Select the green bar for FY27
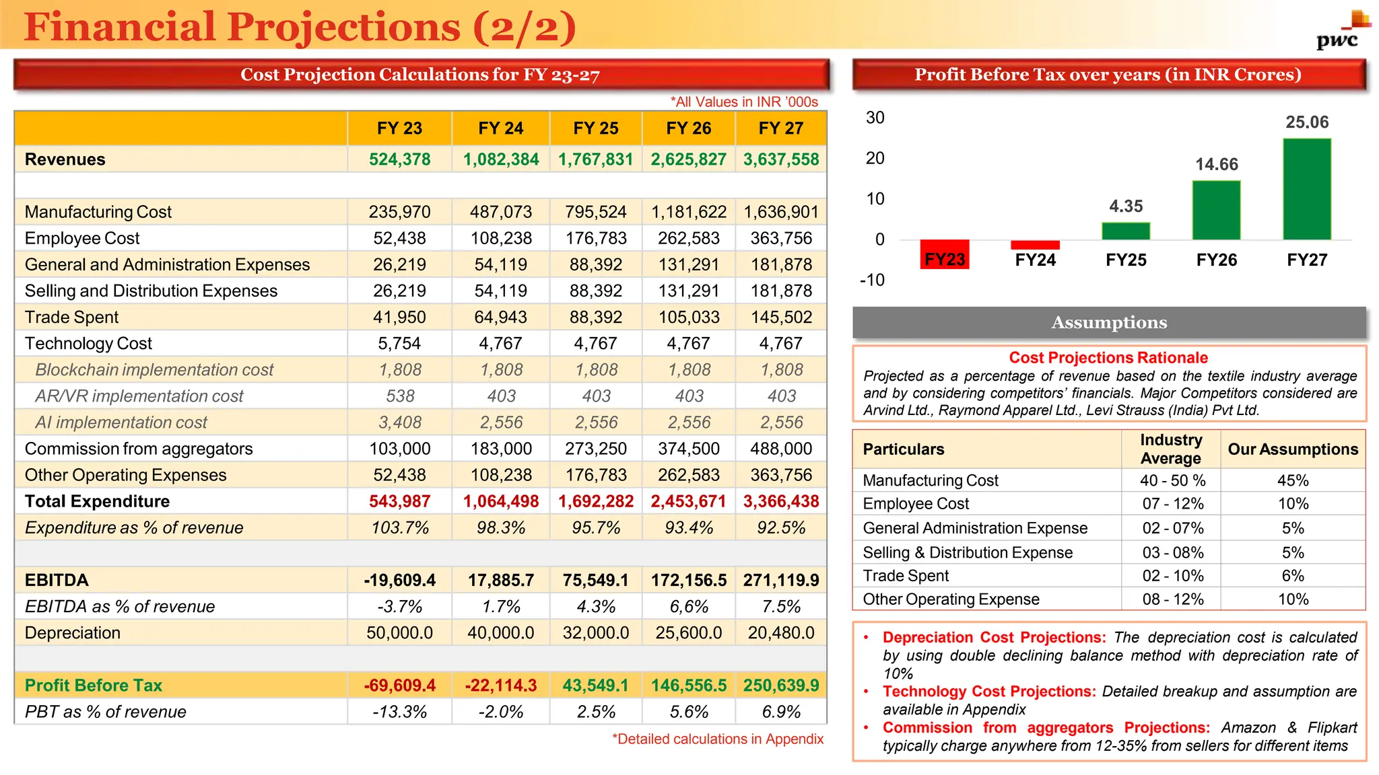tap(1306, 189)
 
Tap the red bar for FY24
tap(1035, 245)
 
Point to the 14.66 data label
tap(1216, 164)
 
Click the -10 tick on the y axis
tap(872, 280)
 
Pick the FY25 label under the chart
tap(1126, 260)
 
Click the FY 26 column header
tap(688, 128)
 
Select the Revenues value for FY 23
tap(399, 159)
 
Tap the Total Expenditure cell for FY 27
tap(780, 501)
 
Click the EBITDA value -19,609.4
tap(399, 580)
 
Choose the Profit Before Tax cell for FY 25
tap(595, 686)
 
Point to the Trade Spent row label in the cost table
tap(71, 317)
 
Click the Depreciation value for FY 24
tap(500, 633)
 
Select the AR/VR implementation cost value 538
tap(400, 396)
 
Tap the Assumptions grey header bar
tap(1109, 323)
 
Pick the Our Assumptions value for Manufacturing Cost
tap(1293, 480)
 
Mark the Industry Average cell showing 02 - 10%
tap(1172, 576)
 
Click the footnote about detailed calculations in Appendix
tap(717, 739)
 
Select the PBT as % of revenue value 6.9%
tap(781, 712)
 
